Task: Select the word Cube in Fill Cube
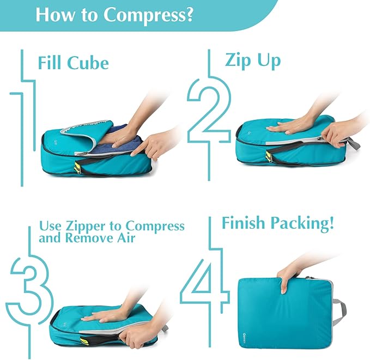click(x=88, y=63)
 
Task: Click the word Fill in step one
click(x=51, y=63)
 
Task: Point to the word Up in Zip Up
click(x=266, y=60)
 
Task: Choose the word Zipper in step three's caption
click(x=102, y=225)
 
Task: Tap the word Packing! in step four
click(x=310, y=223)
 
